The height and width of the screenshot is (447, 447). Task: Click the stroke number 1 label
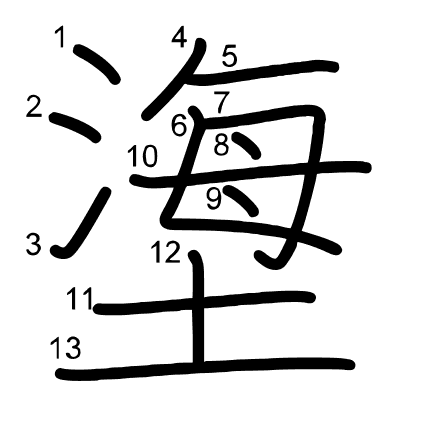pos(60,37)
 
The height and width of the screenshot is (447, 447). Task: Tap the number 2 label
pos(34,106)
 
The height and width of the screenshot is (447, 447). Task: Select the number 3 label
pos(34,244)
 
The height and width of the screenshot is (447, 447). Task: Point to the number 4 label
pos(179,36)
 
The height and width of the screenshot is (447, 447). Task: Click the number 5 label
pos(229,56)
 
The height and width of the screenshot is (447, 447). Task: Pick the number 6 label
pos(179,126)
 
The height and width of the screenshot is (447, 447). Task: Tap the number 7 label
pos(222,102)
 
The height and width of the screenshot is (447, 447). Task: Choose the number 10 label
pos(142,156)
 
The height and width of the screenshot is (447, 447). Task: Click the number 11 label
pos(80,299)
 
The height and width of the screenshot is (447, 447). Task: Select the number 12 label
pos(166,252)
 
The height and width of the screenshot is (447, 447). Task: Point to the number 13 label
pos(65,347)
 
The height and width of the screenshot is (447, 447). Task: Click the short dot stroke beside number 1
pos(97,63)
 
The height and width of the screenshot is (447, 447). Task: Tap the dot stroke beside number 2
pos(75,127)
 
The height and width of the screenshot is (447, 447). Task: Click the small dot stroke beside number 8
pos(247,146)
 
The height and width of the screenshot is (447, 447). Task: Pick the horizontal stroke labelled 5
pos(265,73)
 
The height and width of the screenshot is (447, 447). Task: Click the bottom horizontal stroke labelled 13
pos(205,369)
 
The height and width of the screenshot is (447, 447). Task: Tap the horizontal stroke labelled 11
pos(205,303)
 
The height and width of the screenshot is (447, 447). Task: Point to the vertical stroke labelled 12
pos(199,308)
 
